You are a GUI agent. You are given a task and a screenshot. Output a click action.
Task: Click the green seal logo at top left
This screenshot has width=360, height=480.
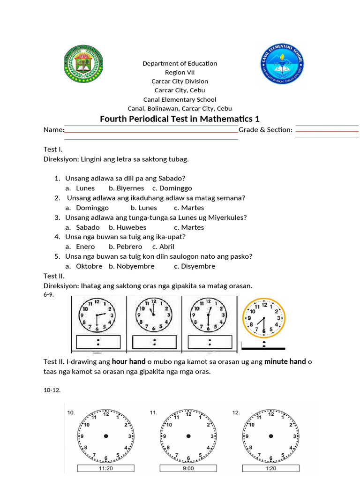point(83,63)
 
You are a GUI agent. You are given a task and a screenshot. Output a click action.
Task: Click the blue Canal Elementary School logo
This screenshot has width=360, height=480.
point(282,63)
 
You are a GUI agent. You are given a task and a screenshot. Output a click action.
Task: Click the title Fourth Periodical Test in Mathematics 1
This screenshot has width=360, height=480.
point(180,119)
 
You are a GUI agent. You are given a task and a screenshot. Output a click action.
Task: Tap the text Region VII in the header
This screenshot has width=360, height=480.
point(180,72)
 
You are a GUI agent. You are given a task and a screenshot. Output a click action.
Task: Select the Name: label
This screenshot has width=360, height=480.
point(53,130)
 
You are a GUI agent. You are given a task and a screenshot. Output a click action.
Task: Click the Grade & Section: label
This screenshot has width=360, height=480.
point(266,130)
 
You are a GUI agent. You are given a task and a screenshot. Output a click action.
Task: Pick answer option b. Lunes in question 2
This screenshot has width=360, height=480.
point(143,208)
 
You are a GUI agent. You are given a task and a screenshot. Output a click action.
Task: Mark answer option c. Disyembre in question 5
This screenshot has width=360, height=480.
point(195,266)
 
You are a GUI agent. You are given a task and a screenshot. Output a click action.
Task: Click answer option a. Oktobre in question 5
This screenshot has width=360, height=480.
point(84,266)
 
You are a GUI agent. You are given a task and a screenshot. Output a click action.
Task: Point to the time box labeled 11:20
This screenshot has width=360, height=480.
point(105,468)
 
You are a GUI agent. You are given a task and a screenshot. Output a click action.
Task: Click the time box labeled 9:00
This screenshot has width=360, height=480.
point(188,468)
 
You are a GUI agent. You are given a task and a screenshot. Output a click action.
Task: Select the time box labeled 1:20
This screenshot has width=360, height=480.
point(271,468)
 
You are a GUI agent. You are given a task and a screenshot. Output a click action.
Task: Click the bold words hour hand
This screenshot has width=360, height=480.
point(128,361)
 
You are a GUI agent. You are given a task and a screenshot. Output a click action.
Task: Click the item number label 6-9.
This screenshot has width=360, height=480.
point(49,294)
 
